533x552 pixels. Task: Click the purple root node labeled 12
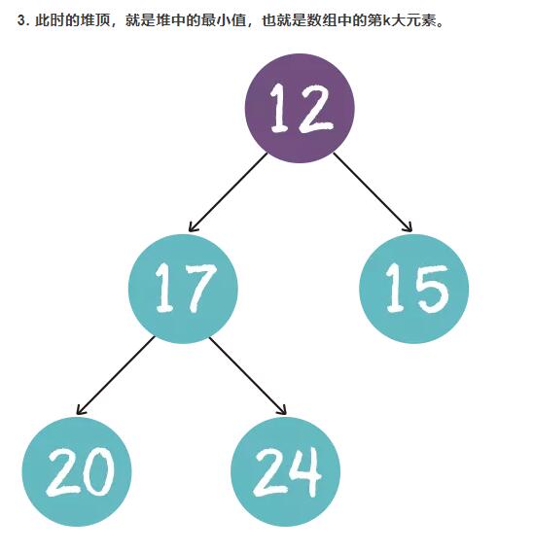coord(300,108)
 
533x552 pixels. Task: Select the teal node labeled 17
coord(183,289)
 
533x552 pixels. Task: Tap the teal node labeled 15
coord(414,289)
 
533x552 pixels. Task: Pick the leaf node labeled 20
coord(77,471)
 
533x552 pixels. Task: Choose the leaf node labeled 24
coord(285,471)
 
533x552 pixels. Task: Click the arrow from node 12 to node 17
coord(228,192)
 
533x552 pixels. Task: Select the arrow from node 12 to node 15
coord(373,192)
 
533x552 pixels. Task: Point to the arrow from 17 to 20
coord(116,375)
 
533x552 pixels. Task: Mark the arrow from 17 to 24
coord(248,376)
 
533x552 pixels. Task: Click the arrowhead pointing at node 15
coord(408,227)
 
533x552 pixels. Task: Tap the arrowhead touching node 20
coord(81,410)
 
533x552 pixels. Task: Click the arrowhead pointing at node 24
coord(282,410)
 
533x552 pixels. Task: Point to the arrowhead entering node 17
coord(193,227)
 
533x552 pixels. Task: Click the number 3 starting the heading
coord(21,21)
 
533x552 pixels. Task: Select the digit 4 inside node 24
coord(305,471)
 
